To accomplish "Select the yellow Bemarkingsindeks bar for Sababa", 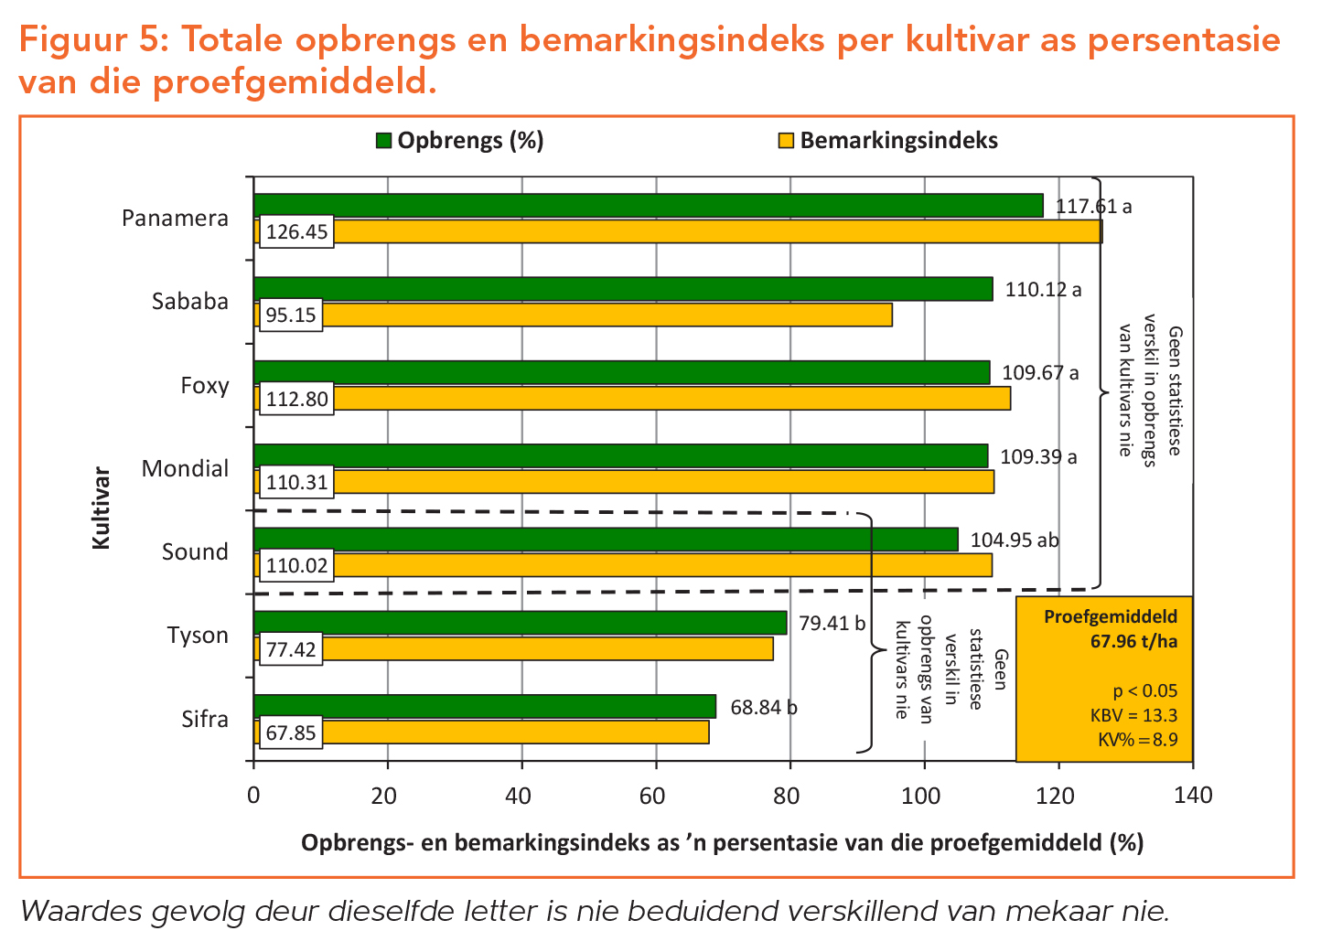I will [604, 315].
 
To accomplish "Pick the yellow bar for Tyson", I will [549, 648].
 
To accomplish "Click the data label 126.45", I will [296, 232].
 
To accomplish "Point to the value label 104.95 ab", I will [1014, 540].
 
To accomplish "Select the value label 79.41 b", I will [832, 624].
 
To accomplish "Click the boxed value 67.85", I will [291, 733].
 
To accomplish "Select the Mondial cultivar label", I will [185, 468].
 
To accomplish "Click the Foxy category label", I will [205, 385].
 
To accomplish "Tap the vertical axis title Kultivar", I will [101, 508].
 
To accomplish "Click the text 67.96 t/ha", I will [1133, 641].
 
